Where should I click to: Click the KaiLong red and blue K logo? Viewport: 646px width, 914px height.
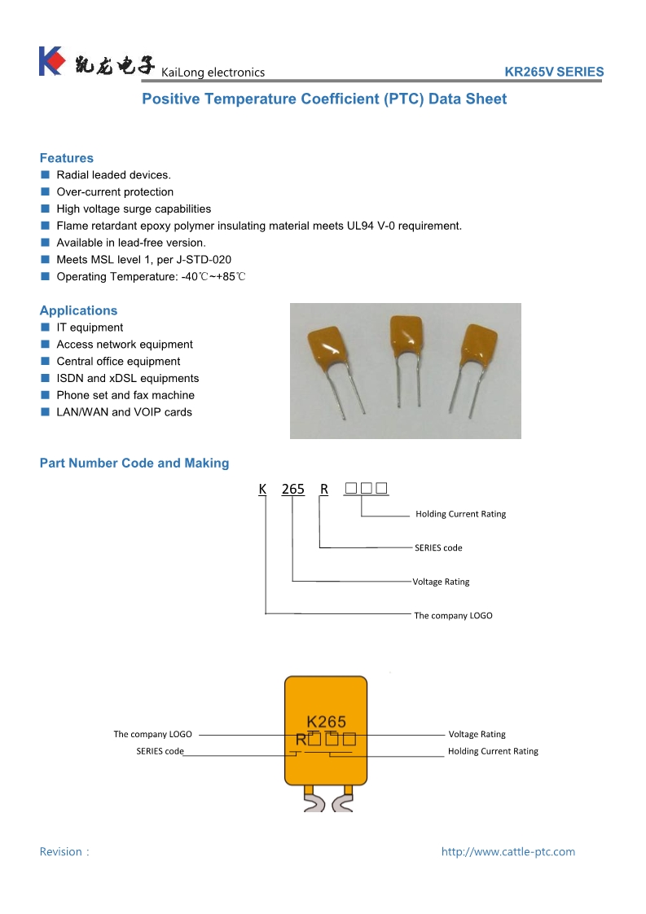coord(51,62)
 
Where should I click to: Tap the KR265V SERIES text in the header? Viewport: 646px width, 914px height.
coord(554,72)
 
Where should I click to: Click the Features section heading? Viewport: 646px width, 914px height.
coord(67,158)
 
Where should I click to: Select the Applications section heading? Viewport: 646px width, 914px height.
coord(78,310)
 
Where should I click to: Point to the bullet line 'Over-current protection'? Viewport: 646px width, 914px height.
coord(115,192)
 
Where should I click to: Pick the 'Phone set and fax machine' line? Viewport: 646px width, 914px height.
coord(125,395)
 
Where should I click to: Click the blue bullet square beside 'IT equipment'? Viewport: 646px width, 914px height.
coord(46,327)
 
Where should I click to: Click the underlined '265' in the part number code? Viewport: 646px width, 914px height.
coord(292,489)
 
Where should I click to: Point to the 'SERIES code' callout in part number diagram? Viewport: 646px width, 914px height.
coord(438,548)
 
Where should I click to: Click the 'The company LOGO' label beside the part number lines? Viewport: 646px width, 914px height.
coord(453,616)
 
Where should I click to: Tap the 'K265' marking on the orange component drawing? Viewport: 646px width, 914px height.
coord(326,722)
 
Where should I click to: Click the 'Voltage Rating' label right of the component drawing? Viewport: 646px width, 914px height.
coord(477,735)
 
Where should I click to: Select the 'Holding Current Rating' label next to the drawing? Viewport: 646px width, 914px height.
coord(493,752)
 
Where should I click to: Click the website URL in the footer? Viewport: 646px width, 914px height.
coord(508,852)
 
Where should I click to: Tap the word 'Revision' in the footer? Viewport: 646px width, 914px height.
coord(61,852)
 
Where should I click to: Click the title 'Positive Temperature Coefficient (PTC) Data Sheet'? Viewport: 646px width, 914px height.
coord(324,99)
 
